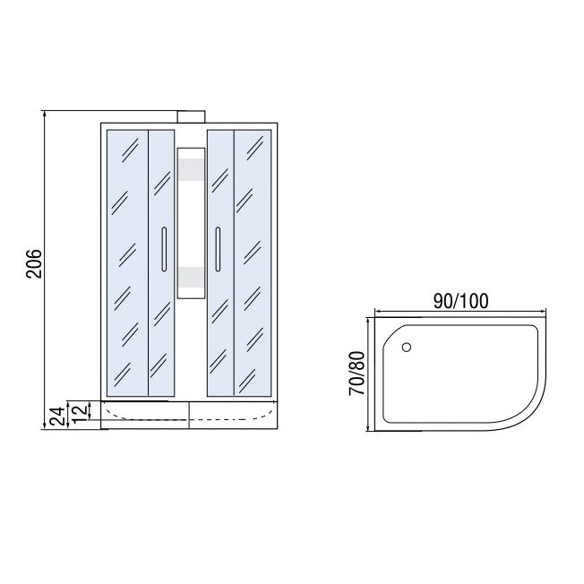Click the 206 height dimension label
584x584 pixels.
tap(34, 263)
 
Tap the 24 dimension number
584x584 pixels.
tap(57, 416)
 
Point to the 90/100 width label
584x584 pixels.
tap(460, 301)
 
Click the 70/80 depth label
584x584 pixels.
tap(356, 374)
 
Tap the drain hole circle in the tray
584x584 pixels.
tap(407, 348)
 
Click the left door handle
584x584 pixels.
tap(164, 249)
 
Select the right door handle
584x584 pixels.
tap(218, 249)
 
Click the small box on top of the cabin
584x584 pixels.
tap(191, 117)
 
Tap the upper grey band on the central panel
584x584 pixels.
tap(191, 170)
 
